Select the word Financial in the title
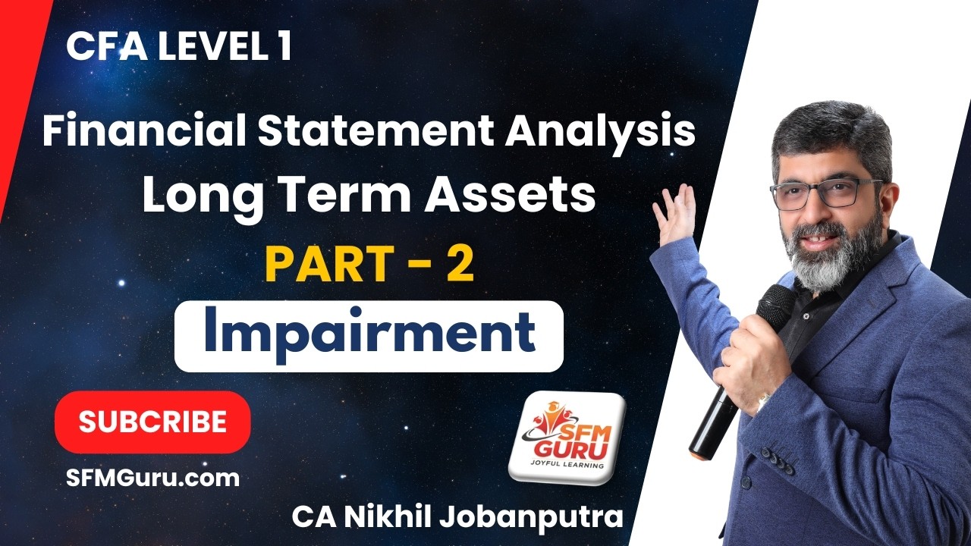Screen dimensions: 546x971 (143, 133)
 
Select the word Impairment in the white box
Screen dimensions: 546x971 (369, 335)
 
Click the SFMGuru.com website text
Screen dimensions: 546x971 (152, 478)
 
